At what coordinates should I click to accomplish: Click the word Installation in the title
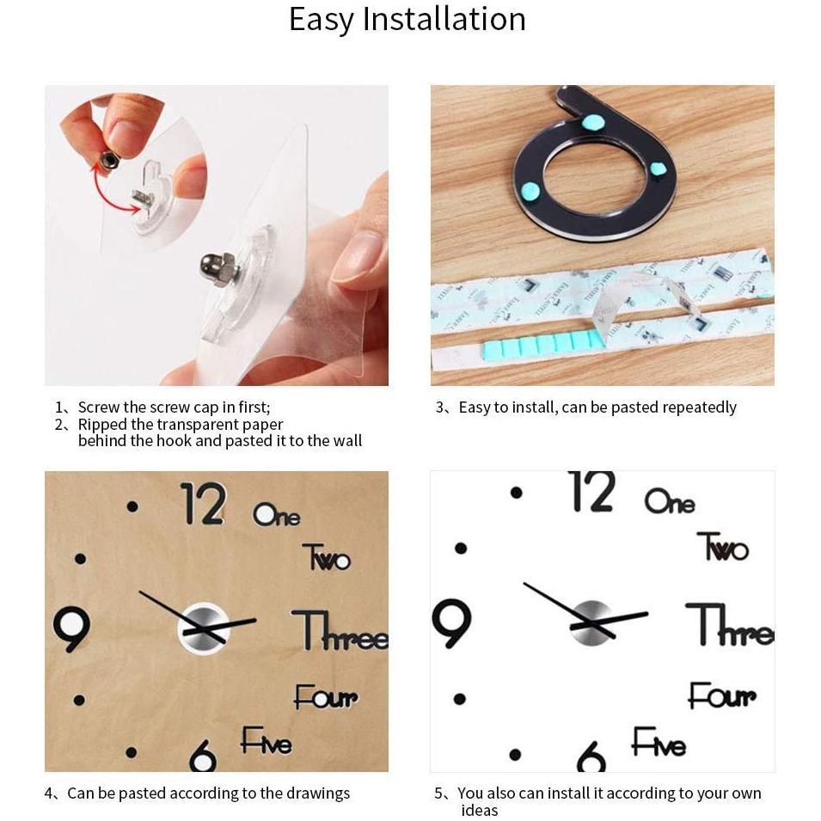click(444, 19)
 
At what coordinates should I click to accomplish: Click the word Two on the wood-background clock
click(327, 556)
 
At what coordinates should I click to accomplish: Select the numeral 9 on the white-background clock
click(452, 623)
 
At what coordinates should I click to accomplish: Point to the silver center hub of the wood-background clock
click(203, 628)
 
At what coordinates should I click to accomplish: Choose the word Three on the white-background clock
click(729, 624)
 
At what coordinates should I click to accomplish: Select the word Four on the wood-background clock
click(326, 696)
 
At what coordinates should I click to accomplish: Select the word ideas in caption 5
click(479, 810)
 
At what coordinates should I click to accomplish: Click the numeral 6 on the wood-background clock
click(203, 755)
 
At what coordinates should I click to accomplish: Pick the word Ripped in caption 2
click(102, 424)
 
